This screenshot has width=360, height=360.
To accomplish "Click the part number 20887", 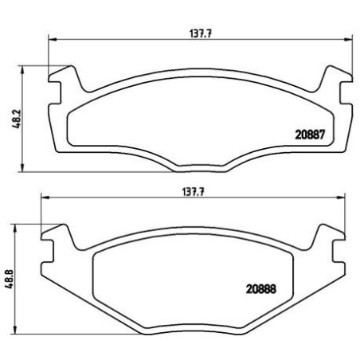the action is tap(310, 135).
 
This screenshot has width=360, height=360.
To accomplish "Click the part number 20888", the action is tap(261, 289).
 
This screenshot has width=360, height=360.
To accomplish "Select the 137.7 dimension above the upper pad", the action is tap(201, 33).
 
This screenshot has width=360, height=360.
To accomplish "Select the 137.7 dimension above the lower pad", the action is tap(194, 192).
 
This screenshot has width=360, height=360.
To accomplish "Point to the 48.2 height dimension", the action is tap(17, 119).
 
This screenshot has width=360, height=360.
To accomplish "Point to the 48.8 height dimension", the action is tap(10, 278).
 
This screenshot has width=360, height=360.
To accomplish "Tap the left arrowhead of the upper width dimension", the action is tap(53, 40).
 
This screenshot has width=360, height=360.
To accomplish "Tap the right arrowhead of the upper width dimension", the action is tap(348, 40).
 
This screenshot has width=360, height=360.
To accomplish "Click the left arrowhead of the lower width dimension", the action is tap(45, 198).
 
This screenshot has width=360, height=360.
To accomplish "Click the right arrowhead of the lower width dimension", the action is tap(341, 198).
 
